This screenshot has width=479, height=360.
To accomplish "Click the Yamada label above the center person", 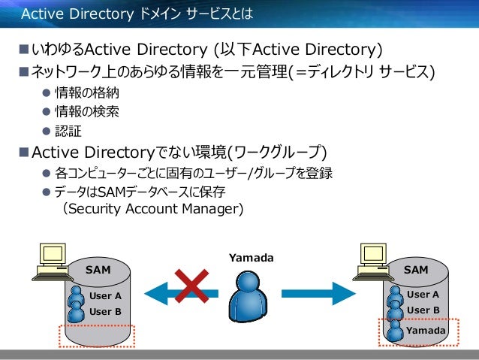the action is [250, 258].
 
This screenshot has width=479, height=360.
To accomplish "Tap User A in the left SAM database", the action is [105, 296].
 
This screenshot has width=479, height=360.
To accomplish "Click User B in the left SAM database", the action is [105, 311].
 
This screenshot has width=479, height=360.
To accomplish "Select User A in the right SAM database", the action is [423, 295].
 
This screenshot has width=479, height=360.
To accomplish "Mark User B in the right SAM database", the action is [423, 310].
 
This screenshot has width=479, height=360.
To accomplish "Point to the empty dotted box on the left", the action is [96, 335].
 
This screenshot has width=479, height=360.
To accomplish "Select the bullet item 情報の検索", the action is [86, 112].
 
